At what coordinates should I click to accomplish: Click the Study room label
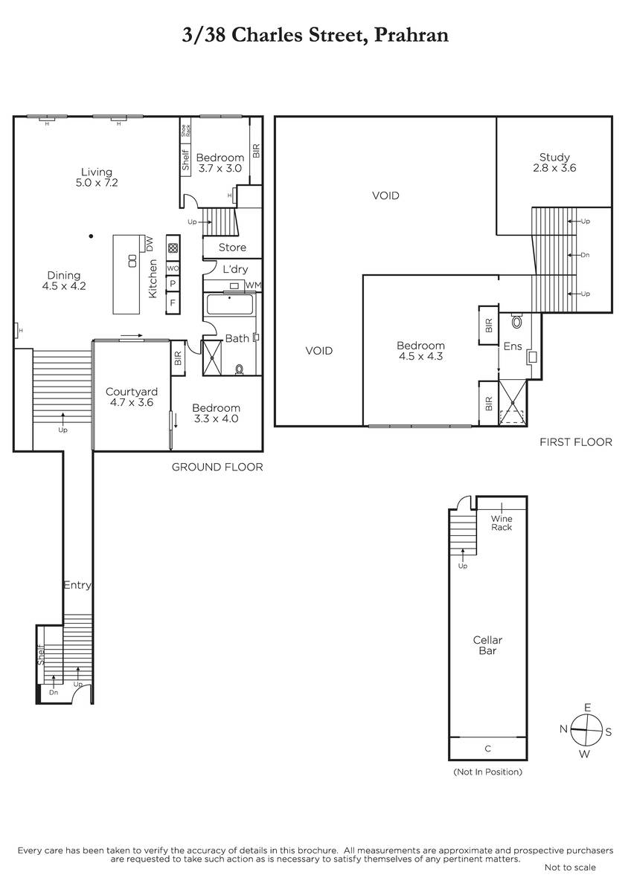[x=554, y=163]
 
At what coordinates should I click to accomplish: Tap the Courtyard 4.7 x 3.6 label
[x=132, y=397]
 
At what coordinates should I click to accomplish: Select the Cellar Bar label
[x=487, y=645]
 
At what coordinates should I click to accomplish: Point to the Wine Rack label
[x=502, y=523]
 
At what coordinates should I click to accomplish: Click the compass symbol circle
[x=586, y=730]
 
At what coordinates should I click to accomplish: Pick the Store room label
[x=232, y=248]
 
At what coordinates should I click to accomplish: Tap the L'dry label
[x=235, y=269]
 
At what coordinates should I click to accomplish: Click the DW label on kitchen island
[x=150, y=244]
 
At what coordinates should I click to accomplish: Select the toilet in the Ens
[x=516, y=320]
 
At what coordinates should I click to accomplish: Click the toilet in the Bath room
[x=239, y=369]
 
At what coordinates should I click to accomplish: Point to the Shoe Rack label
[x=186, y=131]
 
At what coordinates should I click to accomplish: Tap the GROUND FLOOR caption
[x=217, y=467]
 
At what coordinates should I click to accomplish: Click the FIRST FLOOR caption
[x=576, y=442]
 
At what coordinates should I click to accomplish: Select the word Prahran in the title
[x=411, y=36]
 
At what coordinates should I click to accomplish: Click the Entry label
[x=77, y=585]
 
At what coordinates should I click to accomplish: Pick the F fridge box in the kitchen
[x=173, y=303]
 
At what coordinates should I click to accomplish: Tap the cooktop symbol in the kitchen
[x=173, y=248]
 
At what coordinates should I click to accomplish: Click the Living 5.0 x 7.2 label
[x=97, y=177]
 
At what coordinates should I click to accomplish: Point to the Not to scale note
[x=570, y=867]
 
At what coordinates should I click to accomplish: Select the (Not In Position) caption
[x=487, y=772]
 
